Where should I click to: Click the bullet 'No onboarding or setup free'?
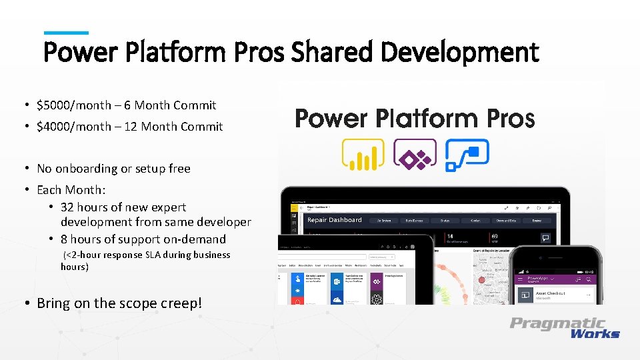(x=113, y=169)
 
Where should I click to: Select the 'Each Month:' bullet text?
(x=71, y=189)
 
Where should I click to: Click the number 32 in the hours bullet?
(x=67, y=207)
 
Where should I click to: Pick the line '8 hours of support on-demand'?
(x=143, y=239)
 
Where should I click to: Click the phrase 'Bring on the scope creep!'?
(x=119, y=303)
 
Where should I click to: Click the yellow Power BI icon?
(x=363, y=155)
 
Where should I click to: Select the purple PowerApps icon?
(x=415, y=155)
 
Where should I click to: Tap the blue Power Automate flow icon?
(x=467, y=155)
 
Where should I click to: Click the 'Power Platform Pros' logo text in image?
(x=415, y=119)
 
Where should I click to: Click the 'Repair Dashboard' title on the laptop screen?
(x=334, y=220)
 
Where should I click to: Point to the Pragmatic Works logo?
(x=565, y=327)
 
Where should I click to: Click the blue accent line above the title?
(x=66, y=32)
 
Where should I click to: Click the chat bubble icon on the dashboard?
(x=545, y=237)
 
